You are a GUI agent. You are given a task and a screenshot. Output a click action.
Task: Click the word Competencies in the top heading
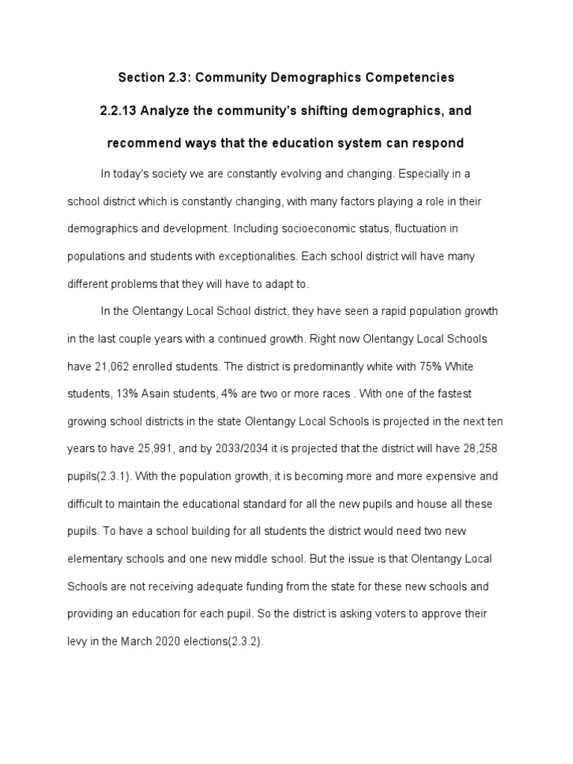coord(407,78)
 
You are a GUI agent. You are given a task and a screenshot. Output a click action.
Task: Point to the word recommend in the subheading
coord(141,143)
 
